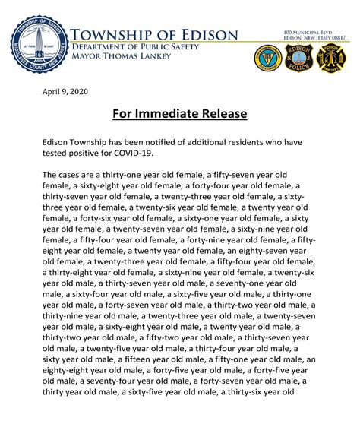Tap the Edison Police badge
tap(298, 58)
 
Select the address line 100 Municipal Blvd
tap(304, 33)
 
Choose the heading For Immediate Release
tap(180, 114)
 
